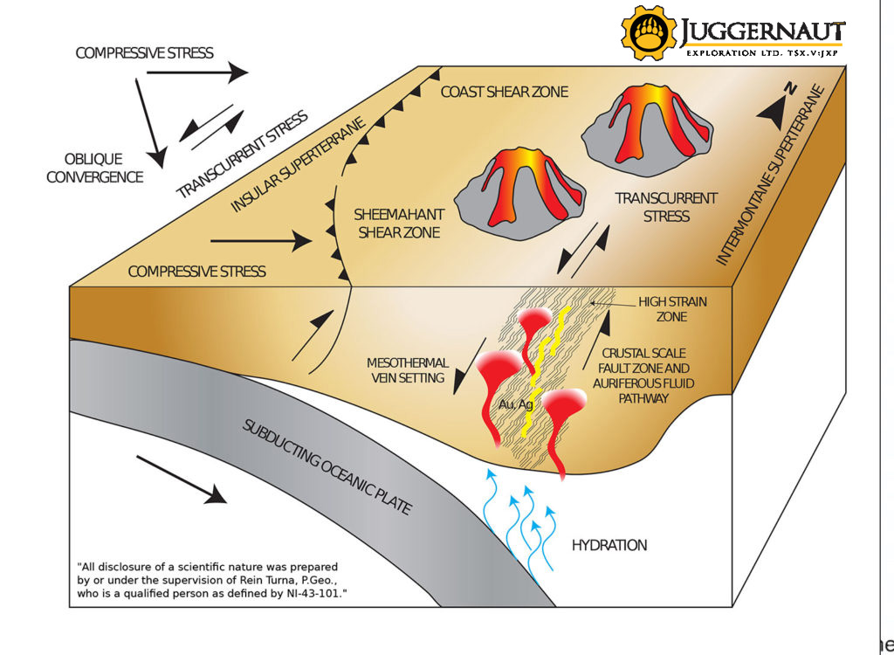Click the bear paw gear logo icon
click(649, 32)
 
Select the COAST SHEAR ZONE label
click(504, 92)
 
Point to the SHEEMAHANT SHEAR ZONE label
click(398, 223)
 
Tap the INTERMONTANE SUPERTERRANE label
click(769, 176)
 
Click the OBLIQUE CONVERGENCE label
click(94, 168)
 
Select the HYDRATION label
click(609, 546)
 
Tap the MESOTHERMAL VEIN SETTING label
click(408, 370)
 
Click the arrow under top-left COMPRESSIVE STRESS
click(196, 74)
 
